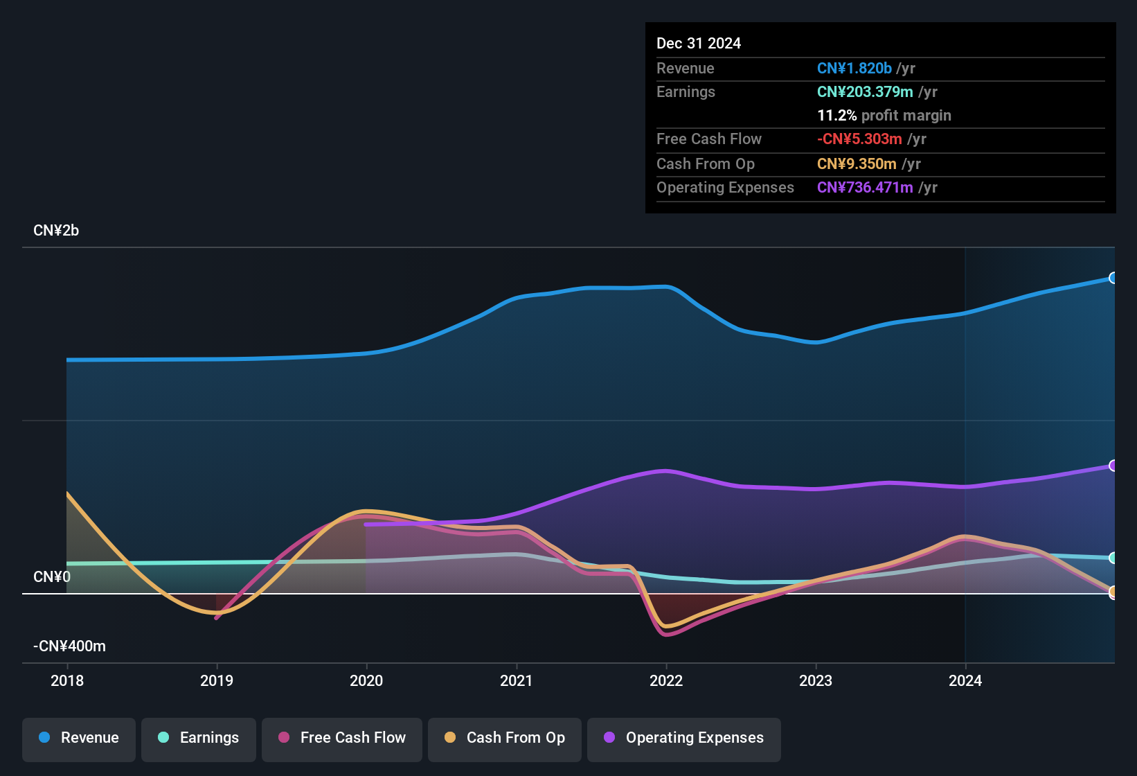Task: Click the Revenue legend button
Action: click(79, 738)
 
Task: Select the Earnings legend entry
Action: click(199, 738)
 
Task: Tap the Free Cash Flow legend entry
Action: click(342, 738)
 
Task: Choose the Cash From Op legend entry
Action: click(505, 738)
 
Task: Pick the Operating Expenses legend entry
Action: click(684, 738)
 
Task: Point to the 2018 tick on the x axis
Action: click(67, 680)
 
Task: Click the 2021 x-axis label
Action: click(517, 680)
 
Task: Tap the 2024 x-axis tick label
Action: click(965, 680)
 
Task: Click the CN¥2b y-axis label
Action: click(56, 231)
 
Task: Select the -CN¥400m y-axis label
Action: click(69, 646)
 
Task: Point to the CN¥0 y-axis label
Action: click(52, 577)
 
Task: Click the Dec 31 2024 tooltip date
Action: click(699, 44)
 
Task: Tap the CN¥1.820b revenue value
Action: click(854, 69)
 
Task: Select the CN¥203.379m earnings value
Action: click(865, 92)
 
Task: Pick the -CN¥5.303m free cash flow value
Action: click(859, 139)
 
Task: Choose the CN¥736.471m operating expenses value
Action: click(865, 188)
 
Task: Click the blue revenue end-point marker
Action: click(1113, 278)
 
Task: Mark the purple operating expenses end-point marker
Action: click(1113, 466)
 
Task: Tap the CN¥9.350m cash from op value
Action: click(857, 164)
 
